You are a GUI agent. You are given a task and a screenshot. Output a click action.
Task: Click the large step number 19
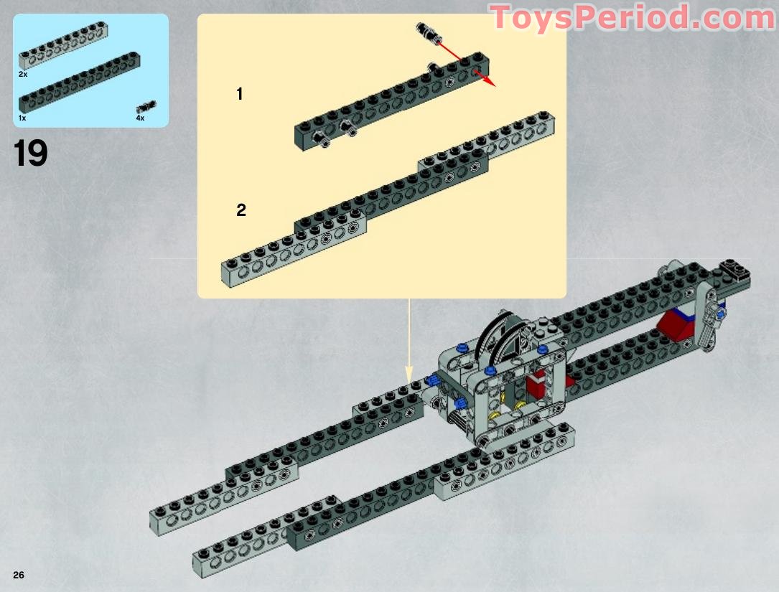pos(31,153)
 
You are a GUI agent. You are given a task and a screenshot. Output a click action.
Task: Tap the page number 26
pos(19,574)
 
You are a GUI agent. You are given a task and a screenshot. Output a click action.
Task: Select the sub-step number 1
pos(240,93)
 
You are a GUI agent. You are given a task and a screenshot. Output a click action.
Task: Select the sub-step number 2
pos(241,210)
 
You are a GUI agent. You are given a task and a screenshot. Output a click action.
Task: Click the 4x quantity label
pos(140,118)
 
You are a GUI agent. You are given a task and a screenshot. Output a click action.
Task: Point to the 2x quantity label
pos(23,74)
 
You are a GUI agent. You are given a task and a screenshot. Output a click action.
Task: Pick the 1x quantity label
pos(23,117)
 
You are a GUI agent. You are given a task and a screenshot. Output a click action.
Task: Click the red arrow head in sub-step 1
pos(490,81)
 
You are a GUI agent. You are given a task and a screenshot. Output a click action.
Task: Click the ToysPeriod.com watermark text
pos(632,17)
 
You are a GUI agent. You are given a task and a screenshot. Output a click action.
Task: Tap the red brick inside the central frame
pos(536,386)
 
